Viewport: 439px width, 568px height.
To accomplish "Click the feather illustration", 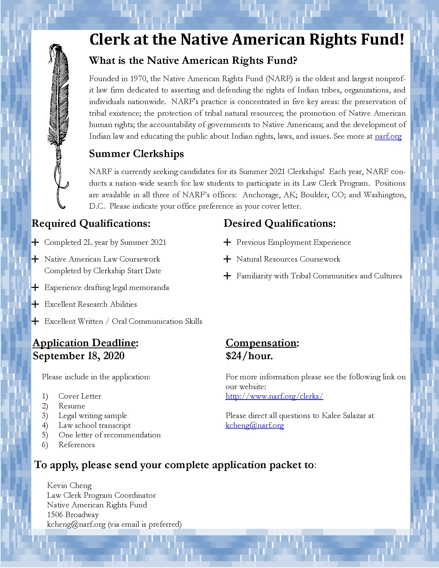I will coord(58,125).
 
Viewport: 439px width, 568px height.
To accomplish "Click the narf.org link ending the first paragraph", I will coord(388,136).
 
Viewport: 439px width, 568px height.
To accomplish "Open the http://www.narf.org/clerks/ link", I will coord(274,396).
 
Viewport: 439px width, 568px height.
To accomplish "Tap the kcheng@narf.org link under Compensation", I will coord(255,425).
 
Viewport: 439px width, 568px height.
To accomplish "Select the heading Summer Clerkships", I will coord(136,154).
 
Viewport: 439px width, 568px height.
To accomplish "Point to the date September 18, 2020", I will coord(79,356).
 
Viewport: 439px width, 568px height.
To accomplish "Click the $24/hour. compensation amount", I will coord(249,356).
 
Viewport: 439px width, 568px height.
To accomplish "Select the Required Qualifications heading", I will coord(91,223).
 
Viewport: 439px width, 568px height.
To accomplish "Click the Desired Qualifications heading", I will coord(280,223).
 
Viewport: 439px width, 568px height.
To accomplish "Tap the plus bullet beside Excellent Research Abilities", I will coord(35,304).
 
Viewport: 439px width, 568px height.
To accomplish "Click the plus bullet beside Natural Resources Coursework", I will coord(227,259).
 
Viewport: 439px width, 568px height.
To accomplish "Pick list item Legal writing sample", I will coord(93,416).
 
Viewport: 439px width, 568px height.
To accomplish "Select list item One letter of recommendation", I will coord(109,435).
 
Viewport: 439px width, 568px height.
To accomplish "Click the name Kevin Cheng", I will coord(69,486).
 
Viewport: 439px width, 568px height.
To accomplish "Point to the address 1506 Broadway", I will coord(73,514).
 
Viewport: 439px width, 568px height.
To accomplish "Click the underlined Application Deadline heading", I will coord(84,343).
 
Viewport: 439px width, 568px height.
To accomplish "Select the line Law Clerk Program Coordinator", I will coord(101,495).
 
